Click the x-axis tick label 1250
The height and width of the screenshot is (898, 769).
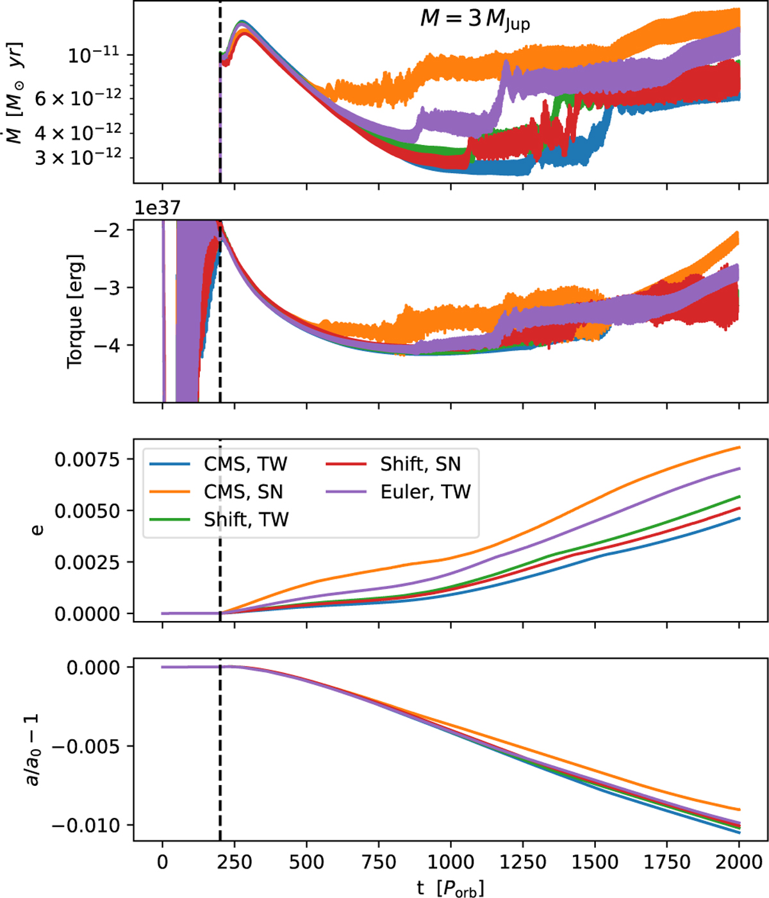coord(523,862)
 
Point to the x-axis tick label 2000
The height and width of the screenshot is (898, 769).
coord(739,862)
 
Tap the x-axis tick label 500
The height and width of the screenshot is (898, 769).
coord(306,862)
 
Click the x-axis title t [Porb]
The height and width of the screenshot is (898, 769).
coord(450,887)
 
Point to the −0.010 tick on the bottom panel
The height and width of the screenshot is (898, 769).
coord(86,825)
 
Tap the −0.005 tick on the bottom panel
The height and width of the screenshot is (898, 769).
coord(86,746)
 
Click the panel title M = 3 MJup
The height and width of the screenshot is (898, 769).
coord(475,19)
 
